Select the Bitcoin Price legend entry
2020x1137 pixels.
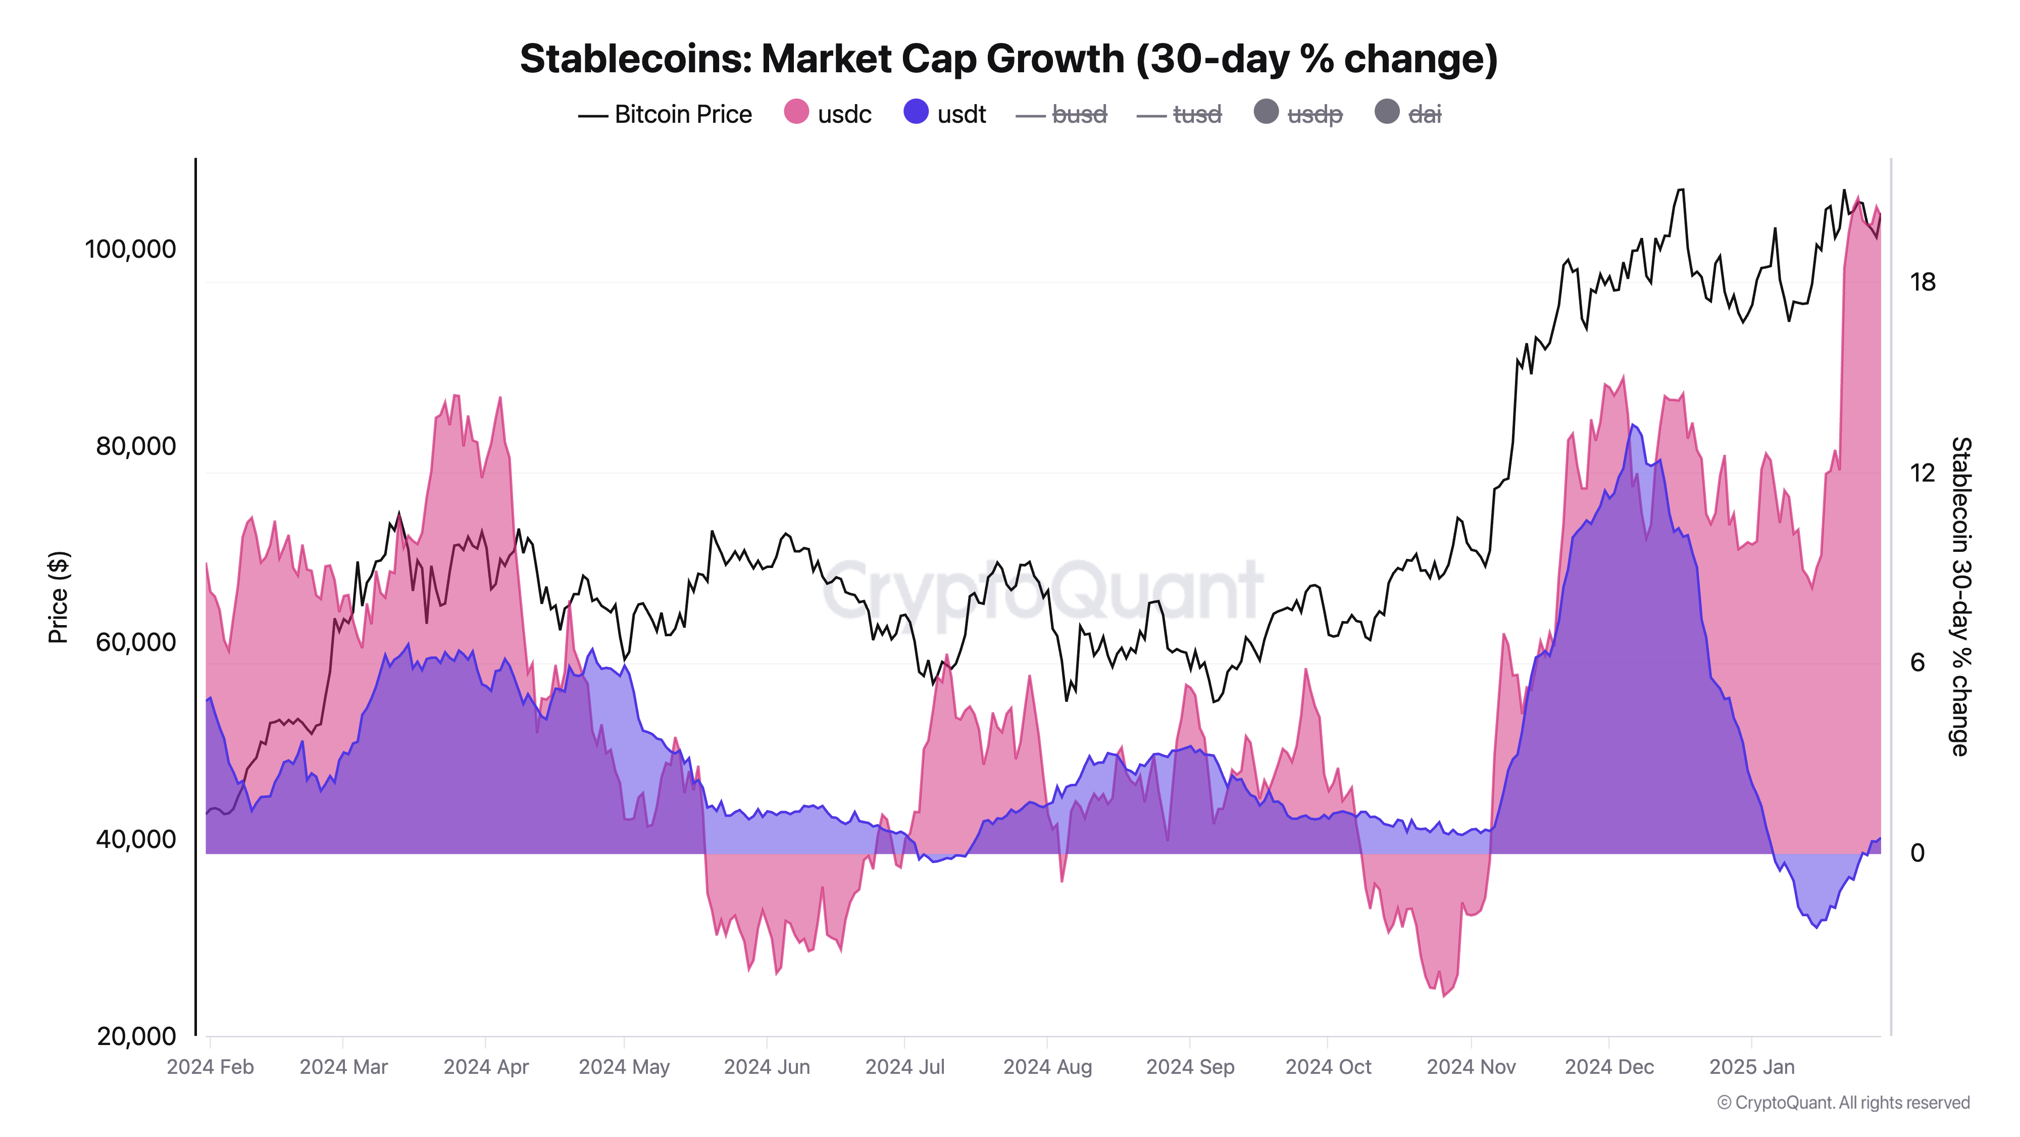(665, 115)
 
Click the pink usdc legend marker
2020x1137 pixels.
(796, 112)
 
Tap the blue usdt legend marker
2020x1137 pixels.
(915, 112)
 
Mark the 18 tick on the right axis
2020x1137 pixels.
(1922, 281)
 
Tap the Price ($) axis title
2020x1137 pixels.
(58, 597)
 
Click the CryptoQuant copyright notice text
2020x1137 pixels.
(1843, 1103)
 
